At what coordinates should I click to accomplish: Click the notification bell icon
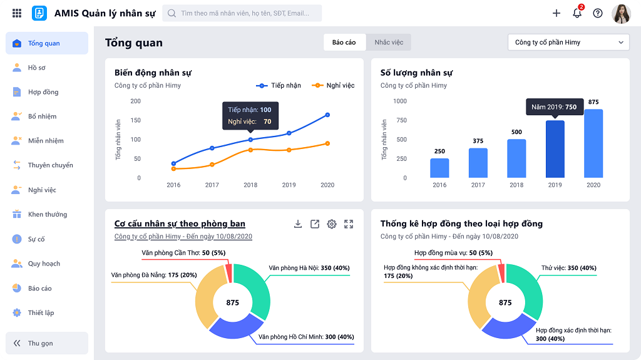pyautogui.click(x=577, y=13)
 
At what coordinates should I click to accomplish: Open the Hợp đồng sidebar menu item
pyautogui.click(x=43, y=92)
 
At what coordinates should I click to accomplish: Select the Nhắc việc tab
pyautogui.click(x=389, y=43)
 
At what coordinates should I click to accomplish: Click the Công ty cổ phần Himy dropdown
pyautogui.click(x=568, y=43)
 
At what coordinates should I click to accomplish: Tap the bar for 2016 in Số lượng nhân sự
pyautogui.click(x=439, y=168)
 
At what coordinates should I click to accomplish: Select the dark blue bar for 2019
pyautogui.click(x=555, y=149)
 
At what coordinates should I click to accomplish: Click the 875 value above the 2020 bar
pyautogui.click(x=593, y=102)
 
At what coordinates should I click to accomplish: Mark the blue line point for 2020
pyautogui.click(x=327, y=115)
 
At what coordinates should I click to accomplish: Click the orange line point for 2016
pyautogui.click(x=173, y=169)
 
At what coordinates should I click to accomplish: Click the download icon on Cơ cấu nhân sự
pyautogui.click(x=298, y=224)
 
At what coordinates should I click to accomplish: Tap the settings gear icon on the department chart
pyautogui.click(x=332, y=224)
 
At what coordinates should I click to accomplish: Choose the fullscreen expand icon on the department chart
pyautogui.click(x=349, y=224)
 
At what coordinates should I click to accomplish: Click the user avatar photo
pyautogui.click(x=621, y=13)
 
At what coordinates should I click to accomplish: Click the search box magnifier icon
pyautogui.click(x=172, y=13)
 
